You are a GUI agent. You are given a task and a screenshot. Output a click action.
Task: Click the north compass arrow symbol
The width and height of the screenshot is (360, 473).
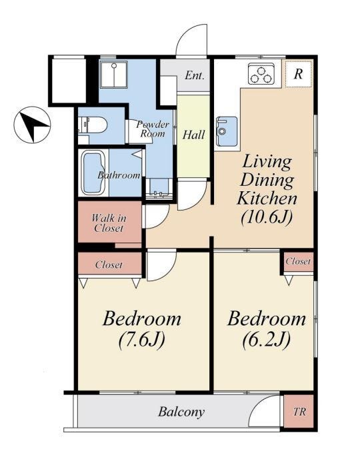tap(32, 125)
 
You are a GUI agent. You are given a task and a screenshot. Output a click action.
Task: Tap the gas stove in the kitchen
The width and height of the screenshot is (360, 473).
tap(261, 73)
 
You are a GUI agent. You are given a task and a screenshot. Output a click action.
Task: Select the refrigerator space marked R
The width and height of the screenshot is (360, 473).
tap(298, 74)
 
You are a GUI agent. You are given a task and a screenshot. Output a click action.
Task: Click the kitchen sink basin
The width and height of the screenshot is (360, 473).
tap(227, 131)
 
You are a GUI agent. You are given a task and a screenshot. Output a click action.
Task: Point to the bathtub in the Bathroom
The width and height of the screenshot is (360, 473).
tap(93, 173)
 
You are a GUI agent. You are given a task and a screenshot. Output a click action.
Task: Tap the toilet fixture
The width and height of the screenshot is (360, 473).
tap(93, 125)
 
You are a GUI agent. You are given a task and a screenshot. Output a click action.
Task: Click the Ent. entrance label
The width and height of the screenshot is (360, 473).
tap(195, 75)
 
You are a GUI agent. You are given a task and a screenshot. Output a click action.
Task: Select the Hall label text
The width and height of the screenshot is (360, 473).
tap(194, 135)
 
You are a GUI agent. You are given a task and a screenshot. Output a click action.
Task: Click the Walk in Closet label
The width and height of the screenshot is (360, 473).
tap(109, 223)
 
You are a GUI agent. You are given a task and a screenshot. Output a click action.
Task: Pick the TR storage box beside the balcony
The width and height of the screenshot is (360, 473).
tap(299, 411)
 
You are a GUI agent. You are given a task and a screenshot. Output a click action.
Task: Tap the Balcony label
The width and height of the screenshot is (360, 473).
tap(181, 412)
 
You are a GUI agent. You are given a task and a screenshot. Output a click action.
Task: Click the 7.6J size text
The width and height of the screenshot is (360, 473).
tap(141, 340)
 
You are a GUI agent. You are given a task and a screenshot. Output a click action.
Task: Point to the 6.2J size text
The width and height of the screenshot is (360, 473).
tap(267, 340)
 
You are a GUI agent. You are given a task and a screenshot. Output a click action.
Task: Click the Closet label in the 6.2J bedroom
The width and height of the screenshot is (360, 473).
tap(298, 261)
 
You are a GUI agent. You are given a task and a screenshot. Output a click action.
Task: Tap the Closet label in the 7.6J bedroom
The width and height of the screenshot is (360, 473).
tap(109, 265)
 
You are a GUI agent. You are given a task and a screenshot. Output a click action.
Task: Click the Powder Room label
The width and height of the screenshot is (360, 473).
tap(153, 129)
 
